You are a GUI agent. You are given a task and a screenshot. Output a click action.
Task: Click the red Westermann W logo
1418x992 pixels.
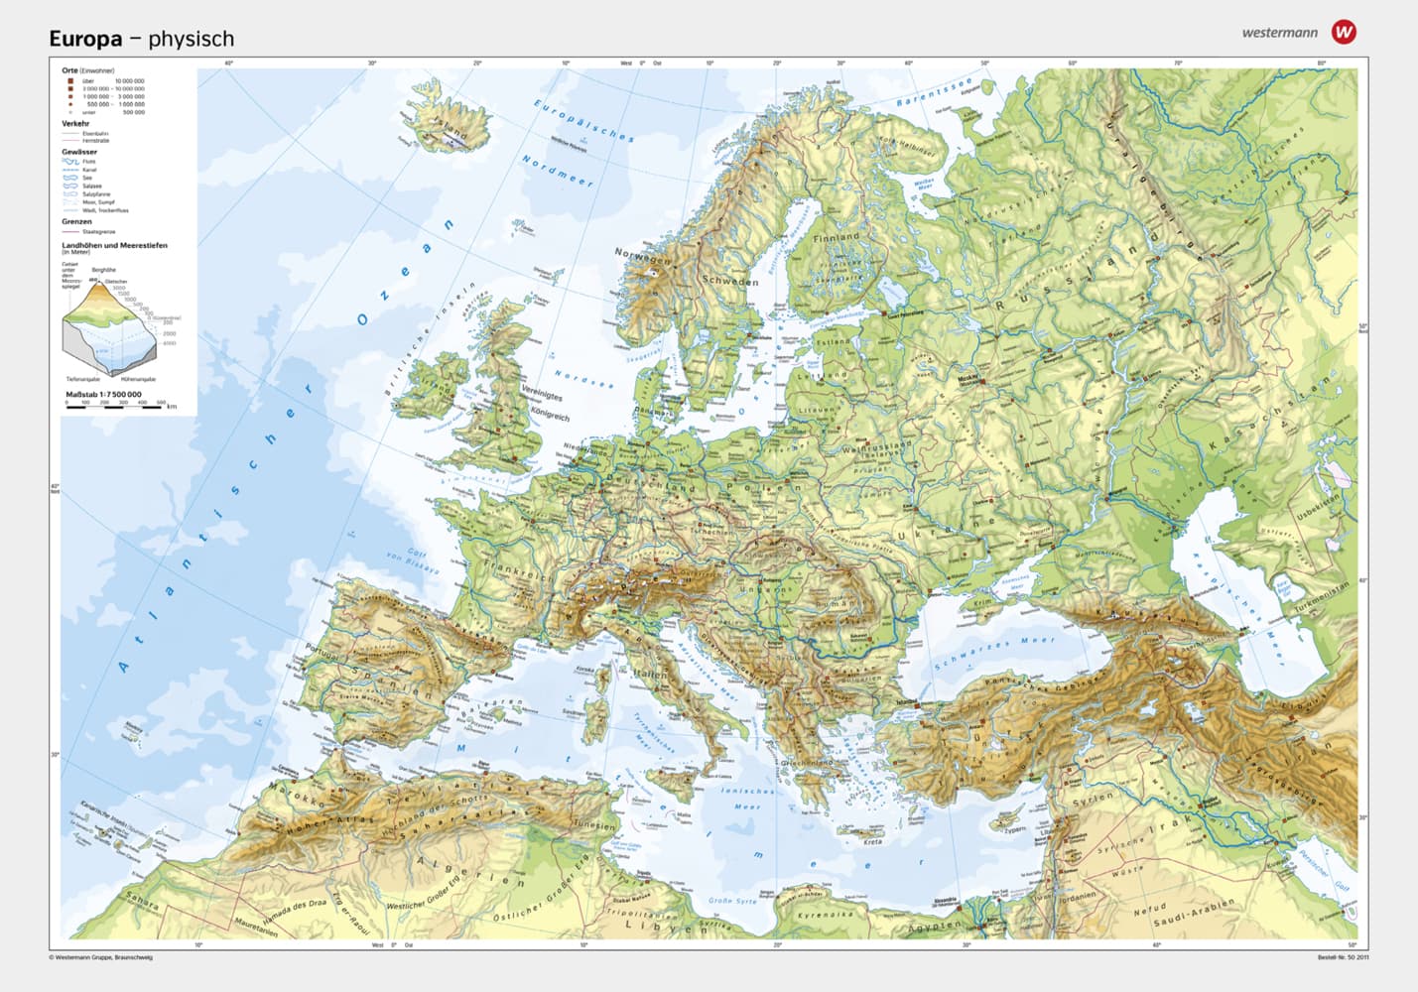click(1344, 32)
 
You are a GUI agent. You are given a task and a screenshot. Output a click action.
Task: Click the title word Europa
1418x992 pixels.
click(85, 39)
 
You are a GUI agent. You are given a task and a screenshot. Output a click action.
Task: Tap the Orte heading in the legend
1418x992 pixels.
click(69, 70)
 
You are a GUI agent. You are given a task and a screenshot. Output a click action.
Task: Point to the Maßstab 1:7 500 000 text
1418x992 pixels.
click(103, 394)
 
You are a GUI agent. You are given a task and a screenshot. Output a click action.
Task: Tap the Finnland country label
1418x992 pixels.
click(836, 238)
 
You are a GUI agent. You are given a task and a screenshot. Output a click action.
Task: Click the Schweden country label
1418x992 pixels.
click(730, 281)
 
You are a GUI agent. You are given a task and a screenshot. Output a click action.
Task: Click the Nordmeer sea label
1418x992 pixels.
click(557, 171)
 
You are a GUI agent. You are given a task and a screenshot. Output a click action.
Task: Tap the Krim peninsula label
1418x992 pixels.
click(981, 602)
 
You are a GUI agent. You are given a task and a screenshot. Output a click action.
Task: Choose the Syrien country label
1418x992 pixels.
click(1093, 798)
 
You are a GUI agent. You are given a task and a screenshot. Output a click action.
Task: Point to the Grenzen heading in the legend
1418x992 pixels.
click(76, 221)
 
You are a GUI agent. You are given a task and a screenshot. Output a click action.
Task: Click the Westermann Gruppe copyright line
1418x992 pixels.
click(100, 957)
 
